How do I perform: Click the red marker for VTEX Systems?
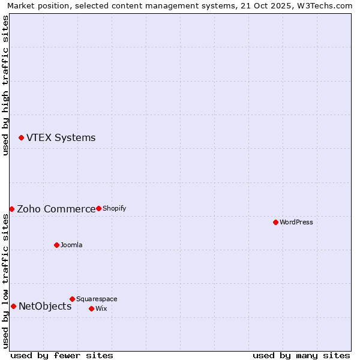coord(21,138)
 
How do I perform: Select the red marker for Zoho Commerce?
coord(11,209)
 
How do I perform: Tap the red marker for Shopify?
coord(98,208)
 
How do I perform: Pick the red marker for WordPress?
coord(275,222)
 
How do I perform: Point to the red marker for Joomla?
coord(56,245)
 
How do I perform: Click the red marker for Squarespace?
coord(72,299)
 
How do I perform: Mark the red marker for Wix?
coord(91,308)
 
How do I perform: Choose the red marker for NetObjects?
coord(13,306)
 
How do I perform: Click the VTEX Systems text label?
coord(61,138)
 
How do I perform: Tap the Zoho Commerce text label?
coord(56,209)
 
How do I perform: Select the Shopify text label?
coord(114,208)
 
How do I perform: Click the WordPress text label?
coord(296,222)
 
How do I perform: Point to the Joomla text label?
coord(71,245)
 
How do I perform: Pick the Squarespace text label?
coord(97,299)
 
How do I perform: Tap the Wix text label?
coord(101,308)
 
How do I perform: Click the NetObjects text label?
coord(45,306)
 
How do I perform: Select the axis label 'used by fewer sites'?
coord(62,355)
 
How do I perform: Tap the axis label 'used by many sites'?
coord(301,355)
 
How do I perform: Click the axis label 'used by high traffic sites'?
coord(5,86)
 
